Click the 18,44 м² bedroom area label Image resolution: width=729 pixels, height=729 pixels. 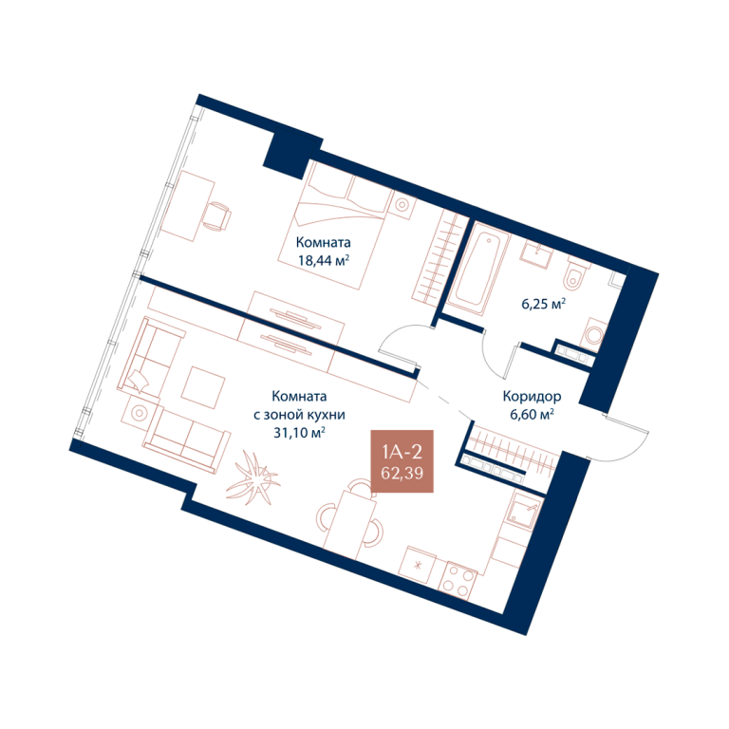pos(324,260)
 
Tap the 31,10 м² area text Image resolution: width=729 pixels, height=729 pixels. pos(299,433)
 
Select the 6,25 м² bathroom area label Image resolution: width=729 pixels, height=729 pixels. pos(544,304)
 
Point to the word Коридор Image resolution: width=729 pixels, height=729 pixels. pos(532,397)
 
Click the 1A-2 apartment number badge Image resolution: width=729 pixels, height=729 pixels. pos(402,460)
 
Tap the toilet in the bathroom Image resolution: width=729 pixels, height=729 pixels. pos(575,276)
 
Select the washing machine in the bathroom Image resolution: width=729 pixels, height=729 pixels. pos(593,335)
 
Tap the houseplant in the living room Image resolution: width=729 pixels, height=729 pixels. pos(253,477)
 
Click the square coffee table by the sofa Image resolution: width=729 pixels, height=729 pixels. pos(203,387)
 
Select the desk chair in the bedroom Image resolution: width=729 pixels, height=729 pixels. pos(216,215)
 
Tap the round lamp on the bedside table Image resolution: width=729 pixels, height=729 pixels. pos(402,205)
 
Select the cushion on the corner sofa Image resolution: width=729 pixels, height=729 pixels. pos(139,381)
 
